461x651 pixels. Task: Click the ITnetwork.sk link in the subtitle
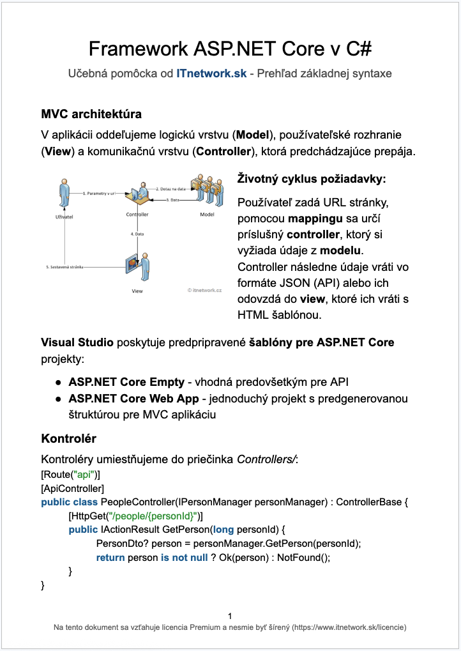point(211,73)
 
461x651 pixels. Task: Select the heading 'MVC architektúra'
point(91,115)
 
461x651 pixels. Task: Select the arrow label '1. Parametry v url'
point(99,192)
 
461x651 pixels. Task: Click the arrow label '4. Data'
point(138,234)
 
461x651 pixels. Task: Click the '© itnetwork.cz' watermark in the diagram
point(204,289)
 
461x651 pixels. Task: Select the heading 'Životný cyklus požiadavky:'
point(312,178)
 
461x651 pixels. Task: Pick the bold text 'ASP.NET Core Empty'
point(126,382)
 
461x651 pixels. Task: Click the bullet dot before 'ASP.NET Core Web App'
point(57,399)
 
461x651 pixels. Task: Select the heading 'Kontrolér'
point(68,439)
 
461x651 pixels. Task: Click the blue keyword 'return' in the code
point(110,557)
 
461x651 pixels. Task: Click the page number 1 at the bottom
point(230,616)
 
